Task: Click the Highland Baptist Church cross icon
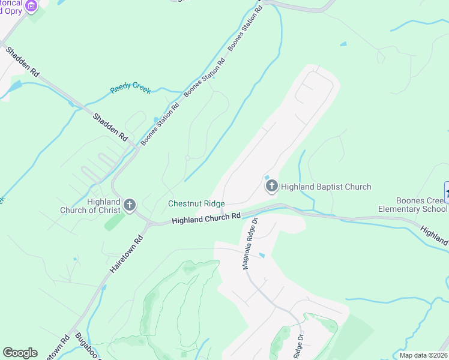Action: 271,187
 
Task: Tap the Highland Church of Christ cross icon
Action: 129,206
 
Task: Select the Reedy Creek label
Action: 130,89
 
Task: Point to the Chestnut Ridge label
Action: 196,204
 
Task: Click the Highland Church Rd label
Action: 206,218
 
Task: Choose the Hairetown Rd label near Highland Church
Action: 127,255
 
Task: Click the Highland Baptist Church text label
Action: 326,187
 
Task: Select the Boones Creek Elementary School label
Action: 412,205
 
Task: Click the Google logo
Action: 20,353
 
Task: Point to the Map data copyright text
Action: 424,355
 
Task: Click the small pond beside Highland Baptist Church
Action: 266,176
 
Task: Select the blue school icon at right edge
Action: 447,192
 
